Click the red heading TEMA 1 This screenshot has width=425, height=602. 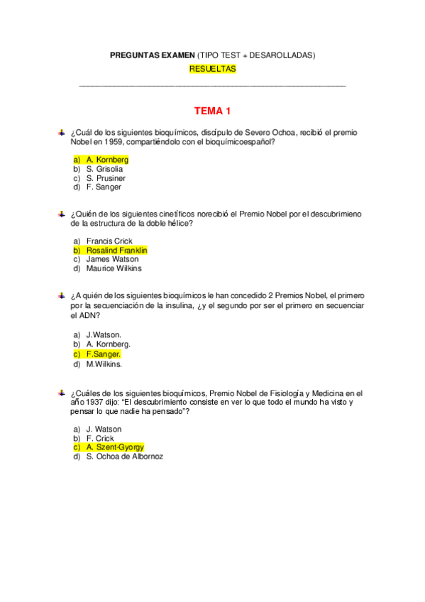pyautogui.click(x=212, y=111)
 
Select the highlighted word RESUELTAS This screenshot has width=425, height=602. pyautogui.click(x=212, y=69)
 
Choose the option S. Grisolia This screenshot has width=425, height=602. pyautogui.click(x=104, y=169)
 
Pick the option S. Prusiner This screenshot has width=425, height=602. pyautogui.click(x=106, y=178)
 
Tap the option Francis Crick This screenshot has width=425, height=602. pyautogui.click(x=109, y=241)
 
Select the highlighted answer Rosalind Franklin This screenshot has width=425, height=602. pyautogui.click(x=116, y=251)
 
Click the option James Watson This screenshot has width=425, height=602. pyautogui.click(x=112, y=259)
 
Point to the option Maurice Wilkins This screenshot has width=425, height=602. pyautogui.click(x=114, y=268)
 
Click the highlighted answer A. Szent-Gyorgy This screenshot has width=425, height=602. pyautogui.click(x=115, y=447)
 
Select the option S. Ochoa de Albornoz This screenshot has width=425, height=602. pyautogui.click(x=124, y=456)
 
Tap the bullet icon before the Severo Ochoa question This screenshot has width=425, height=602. pyautogui.click(x=62, y=132)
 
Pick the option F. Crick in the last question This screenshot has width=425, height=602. pyautogui.click(x=100, y=438)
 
